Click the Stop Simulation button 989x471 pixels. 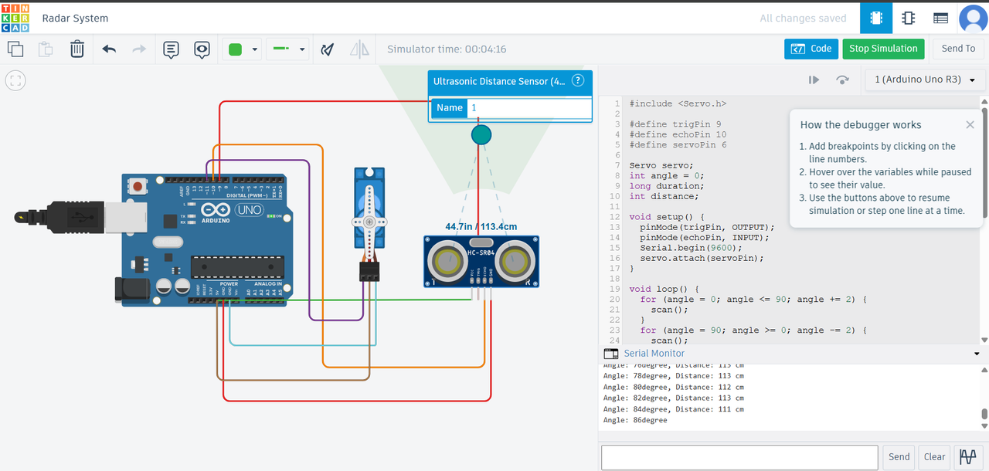[883, 49]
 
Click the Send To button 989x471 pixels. [958, 49]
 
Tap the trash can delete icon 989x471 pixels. [77, 49]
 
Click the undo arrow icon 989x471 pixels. [109, 49]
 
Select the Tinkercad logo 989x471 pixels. [15, 18]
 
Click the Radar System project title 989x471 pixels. [75, 19]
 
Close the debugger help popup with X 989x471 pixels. [970, 125]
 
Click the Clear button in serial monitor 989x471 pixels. [934, 456]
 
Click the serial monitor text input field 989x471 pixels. [739, 456]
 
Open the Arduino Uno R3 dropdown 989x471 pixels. [925, 80]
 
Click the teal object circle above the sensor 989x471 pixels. [481, 135]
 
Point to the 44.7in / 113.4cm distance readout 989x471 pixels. [481, 227]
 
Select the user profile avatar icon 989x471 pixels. [973, 19]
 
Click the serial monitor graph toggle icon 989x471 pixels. [967, 456]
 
